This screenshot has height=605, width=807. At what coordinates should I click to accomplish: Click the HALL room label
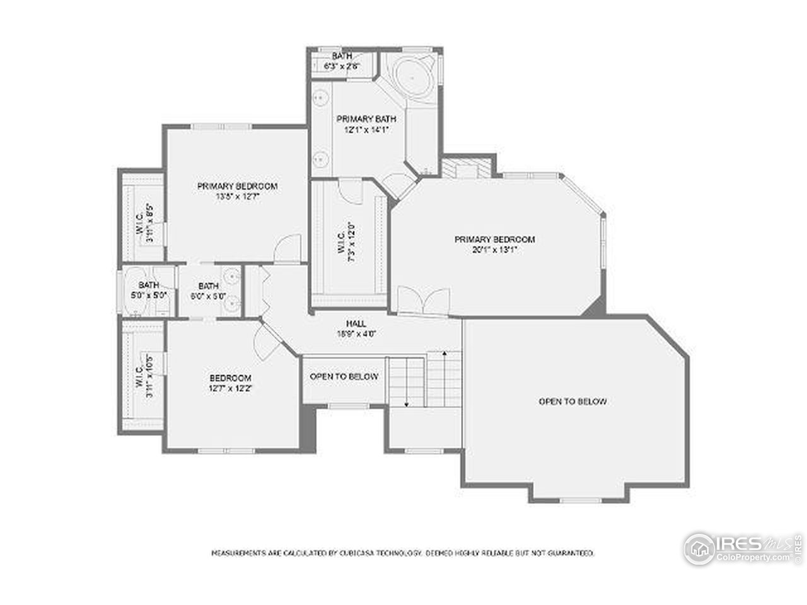click(356, 323)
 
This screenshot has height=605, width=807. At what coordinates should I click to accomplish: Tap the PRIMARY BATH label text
click(357, 119)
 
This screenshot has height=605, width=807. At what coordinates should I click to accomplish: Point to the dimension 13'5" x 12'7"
click(238, 196)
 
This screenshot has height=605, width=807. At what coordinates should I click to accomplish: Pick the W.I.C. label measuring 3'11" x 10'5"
click(144, 378)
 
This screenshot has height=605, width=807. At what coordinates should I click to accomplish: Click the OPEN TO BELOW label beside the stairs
click(344, 376)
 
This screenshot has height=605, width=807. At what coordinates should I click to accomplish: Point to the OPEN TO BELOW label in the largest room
click(572, 401)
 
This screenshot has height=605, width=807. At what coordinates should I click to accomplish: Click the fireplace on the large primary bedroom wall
click(465, 170)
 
